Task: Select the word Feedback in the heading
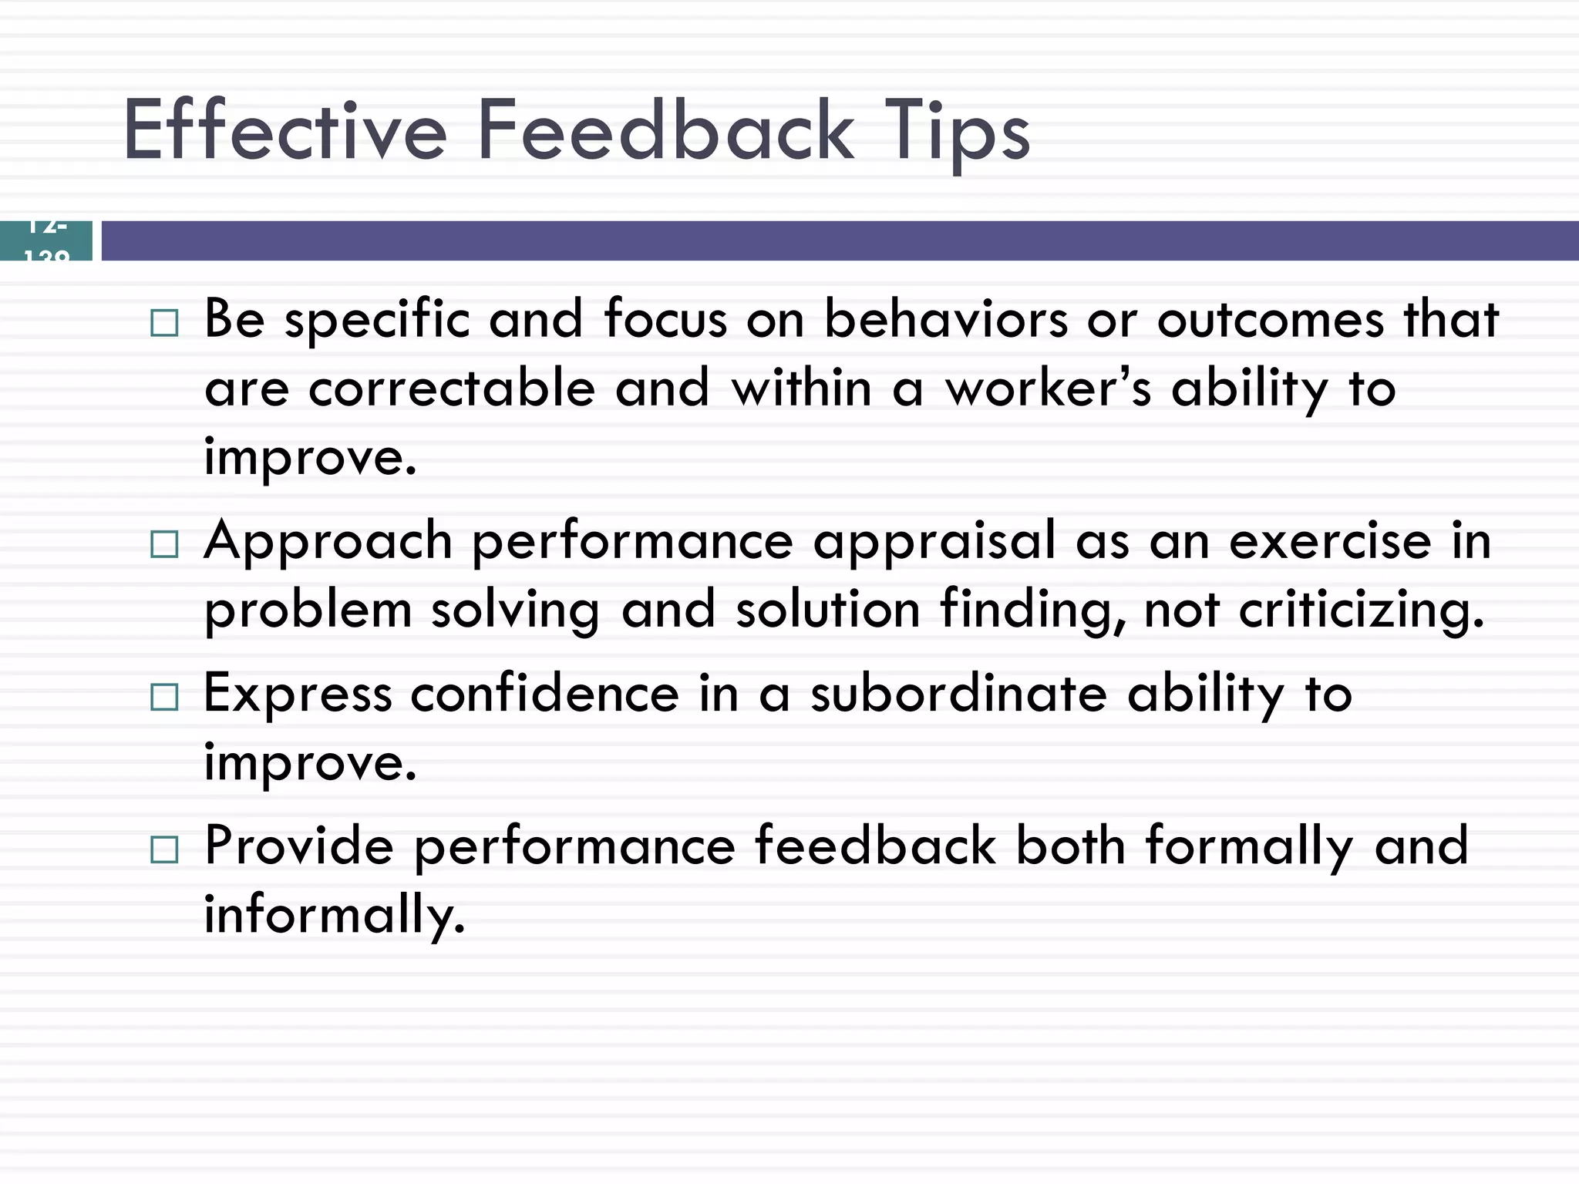[665, 131]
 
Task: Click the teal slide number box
[46, 240]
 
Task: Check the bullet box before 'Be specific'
[164, 323]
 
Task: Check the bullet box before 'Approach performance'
[164, 544]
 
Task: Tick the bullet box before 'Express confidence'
[164, 697]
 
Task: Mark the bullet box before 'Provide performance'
[164, 849]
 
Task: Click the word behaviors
[946, 318]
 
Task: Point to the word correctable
[452, 388]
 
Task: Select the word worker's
[1049, 388]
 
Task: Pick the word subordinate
[959, 693]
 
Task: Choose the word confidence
[544, 693]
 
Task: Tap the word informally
[335, 915]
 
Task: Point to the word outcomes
[1271, 318]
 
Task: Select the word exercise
[1330, 540]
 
